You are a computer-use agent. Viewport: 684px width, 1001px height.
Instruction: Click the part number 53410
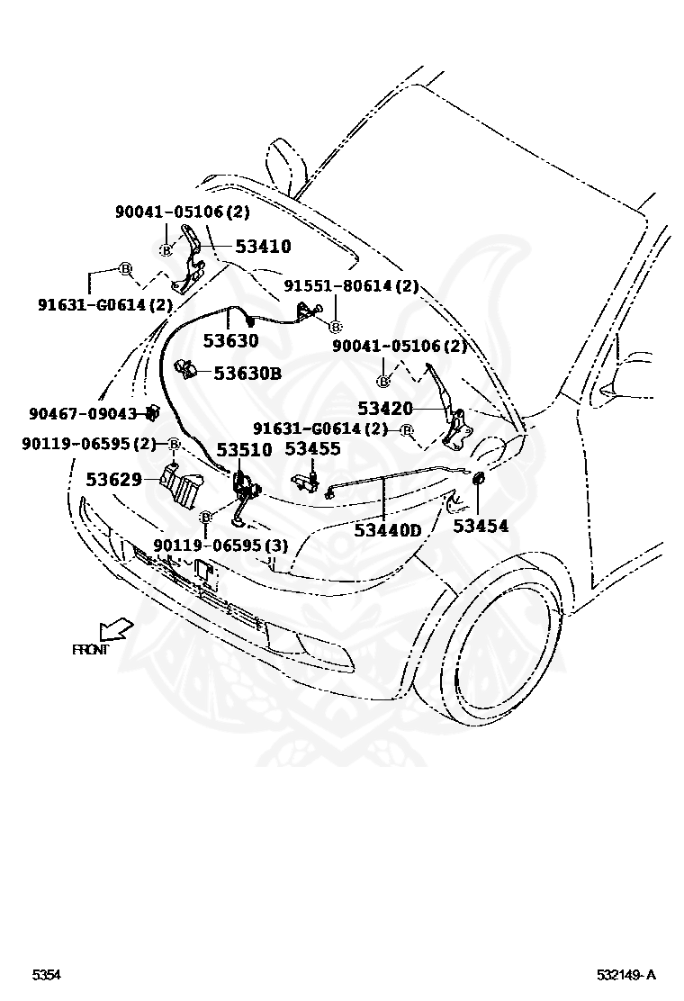click(x=263, y=246)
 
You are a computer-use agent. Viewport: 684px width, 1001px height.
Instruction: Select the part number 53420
click(x=385, y=409)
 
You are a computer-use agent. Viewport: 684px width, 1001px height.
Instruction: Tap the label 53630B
click(x=247, y=371)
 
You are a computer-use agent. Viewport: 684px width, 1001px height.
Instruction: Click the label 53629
click(x=114, y=480)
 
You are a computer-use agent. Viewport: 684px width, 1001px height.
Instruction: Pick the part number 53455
click(x=312, y=449)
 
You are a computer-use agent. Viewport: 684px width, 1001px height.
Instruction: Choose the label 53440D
click(x=387, y=530)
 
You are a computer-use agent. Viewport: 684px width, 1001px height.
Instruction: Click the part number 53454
click(x=480, y=526)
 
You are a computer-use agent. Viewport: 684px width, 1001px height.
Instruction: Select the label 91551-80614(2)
click(x=352, y=286)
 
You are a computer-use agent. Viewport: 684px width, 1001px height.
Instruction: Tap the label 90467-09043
click(x=82, y=414)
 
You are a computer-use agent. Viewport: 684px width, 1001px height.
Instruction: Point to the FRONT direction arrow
click(x=116, y=627)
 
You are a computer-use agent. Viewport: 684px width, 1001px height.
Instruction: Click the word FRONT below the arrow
click(x=90, y=649)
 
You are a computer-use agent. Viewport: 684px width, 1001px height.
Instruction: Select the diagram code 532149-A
click(x=625, y=975)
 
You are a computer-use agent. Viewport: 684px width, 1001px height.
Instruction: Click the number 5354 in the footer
click(x=48, y=975)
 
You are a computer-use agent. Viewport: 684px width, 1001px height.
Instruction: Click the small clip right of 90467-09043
click(x=152, y=413)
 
